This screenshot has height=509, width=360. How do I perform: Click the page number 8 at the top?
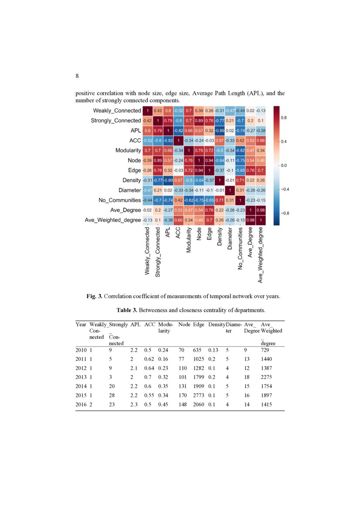pyautogui.click(x=77, y=76)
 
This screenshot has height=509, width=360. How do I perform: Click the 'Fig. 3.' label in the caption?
pyautogui.click(x=95, y=297)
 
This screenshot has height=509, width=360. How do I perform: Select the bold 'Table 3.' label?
pyautogui.click(x=127, y=310)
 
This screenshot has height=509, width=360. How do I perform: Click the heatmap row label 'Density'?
pyautogui.click(x=131, y=180)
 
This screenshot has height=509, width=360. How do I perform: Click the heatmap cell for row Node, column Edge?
pyautogui.click(x=210, y=160)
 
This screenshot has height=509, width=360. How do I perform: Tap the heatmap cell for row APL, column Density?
pyautogui.click(x=220, y=130)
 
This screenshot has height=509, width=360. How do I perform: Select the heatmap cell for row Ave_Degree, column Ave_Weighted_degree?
pyautogui.click(x=260, y=210)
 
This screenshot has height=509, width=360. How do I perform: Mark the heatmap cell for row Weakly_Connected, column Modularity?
pyautogui.click(x=189, y=110)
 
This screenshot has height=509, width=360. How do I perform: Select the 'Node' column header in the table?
pyautogui.click(x=184, y=324)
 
